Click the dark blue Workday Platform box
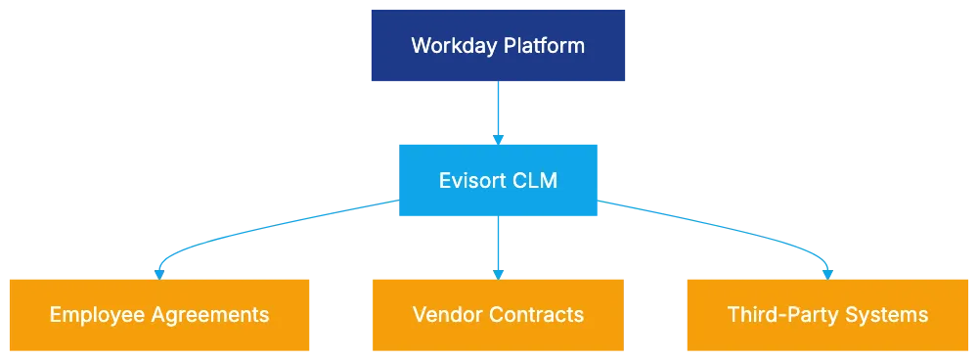click(498, 45)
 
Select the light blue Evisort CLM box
click(499, 180)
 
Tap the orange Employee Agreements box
click(159, 314)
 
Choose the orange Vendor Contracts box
click(498, 314)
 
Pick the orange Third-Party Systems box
click(827, 314)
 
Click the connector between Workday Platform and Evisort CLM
click(498, 112)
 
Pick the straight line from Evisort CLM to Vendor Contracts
click(498, 245)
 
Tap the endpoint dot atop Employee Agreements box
click(159, 274)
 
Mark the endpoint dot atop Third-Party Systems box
click(827, 274)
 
